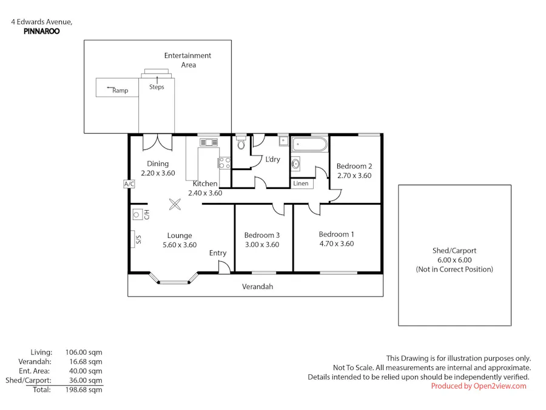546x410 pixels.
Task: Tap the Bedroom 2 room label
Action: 354,166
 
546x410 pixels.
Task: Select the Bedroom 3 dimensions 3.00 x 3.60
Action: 261,245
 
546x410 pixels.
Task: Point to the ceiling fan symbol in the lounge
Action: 175,205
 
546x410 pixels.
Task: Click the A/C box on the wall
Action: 129,183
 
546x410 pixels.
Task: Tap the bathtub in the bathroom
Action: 309,146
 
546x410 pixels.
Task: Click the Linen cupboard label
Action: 301,183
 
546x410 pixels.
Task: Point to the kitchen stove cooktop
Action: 224,162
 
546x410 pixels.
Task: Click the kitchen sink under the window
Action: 208,142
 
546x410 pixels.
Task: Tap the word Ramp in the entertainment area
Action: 119,91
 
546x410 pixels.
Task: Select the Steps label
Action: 157,87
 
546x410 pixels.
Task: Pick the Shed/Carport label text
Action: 454,250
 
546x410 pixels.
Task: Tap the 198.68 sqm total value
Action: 87,390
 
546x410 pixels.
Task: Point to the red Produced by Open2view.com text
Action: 479,386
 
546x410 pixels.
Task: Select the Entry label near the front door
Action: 218,253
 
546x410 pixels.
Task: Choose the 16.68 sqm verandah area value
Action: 87,361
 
